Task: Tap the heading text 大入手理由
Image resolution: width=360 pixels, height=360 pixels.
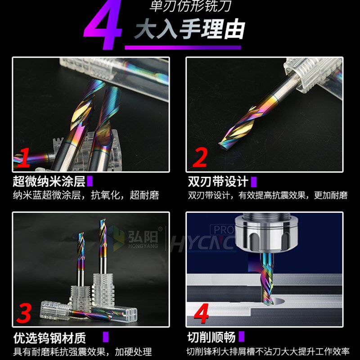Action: coord(189,30)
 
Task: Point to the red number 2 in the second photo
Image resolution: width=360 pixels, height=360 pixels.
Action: coord(200,157)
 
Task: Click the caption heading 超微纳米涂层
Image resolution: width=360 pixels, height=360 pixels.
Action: coord(49,182)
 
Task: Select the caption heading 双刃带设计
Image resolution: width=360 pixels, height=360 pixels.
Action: coord(218,182)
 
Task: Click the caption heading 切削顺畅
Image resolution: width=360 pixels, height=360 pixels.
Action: coord(211,337)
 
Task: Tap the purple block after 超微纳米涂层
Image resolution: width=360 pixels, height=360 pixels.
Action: coord(90,182)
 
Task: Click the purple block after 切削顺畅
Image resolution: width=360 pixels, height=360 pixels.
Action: coord(242,337)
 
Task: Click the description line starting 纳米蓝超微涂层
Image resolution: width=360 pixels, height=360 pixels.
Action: coord(85,196)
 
